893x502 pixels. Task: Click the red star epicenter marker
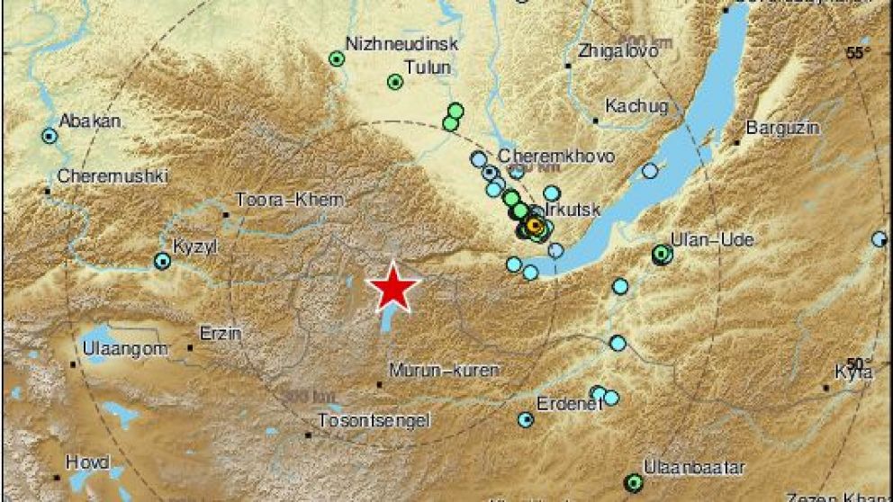tap(393, 287)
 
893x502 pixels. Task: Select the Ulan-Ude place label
tap(699, 239)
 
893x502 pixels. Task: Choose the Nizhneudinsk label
tap(402, 43)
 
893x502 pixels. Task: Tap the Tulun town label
tap(428, 66)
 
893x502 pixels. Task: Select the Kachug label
tap(636, 106)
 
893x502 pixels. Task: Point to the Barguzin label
tap(783, 129)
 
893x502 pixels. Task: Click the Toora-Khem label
tap(278, 200)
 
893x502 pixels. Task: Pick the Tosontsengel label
tap(374, 420)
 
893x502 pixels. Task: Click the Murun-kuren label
tap(443, 370)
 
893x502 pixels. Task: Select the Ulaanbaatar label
tap(682, 467)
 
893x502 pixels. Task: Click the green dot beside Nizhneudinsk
tap(337, 59)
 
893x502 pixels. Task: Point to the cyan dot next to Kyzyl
tap(162, 262)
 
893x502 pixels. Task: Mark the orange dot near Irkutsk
tap(535, 225)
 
